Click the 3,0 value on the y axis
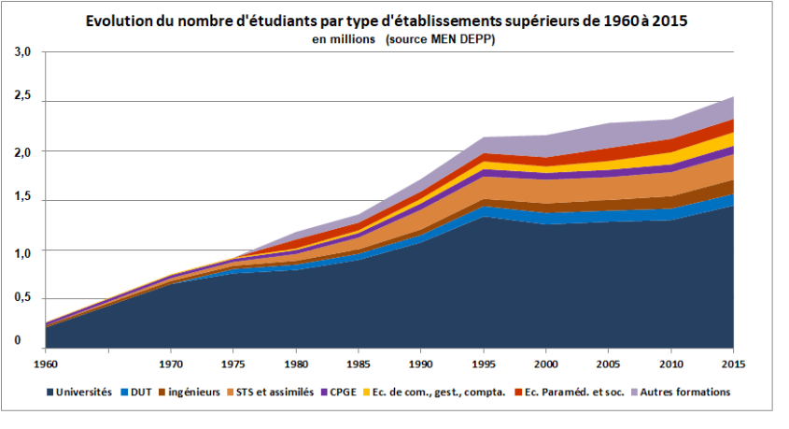pos(23,53)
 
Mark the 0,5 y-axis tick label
pos(23,296)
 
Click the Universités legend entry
pos(85,392)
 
